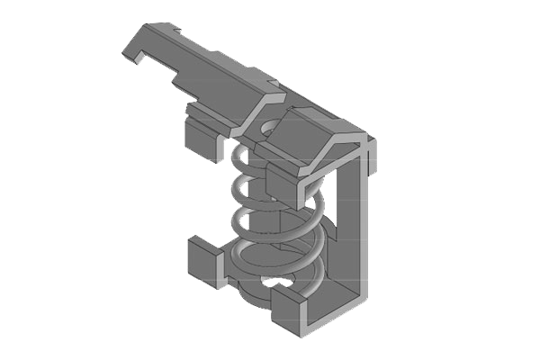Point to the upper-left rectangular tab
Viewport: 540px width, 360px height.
click(202, 139)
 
